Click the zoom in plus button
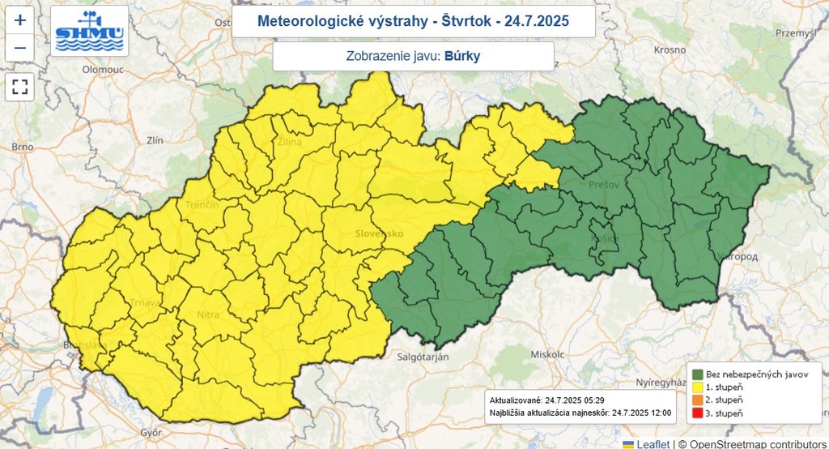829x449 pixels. point(20,21)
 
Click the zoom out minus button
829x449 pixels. point(20,48)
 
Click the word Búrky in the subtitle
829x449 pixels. point(467,57)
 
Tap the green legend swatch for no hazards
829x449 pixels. point(695,374)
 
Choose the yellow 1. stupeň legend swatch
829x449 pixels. point(695,387)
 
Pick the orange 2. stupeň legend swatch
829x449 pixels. point(695,400)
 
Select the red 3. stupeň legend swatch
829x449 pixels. point(695,413)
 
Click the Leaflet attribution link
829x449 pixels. point(652,443)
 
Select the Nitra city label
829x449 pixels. point(208,315)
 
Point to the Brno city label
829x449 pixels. point(23,147)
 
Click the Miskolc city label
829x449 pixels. point(547,355)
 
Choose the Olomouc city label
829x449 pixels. point(102,70)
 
